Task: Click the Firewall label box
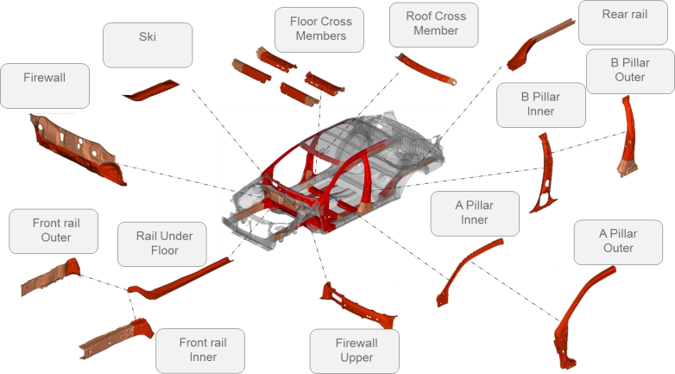45,86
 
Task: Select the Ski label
148,45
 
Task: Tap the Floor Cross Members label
320,29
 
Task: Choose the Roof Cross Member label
436,24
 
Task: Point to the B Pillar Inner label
540,105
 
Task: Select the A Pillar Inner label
475,213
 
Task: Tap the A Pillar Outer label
618,242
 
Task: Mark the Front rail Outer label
54,231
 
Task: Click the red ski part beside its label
150,90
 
